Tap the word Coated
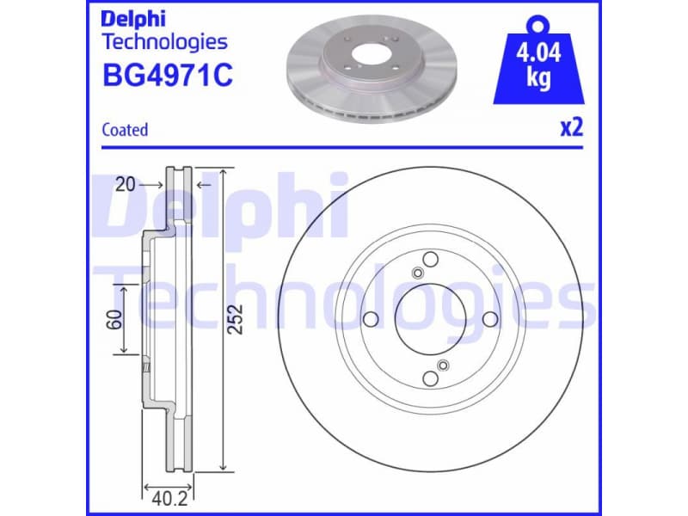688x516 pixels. (x=125, y=130)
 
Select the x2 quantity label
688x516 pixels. (x=572, y=128)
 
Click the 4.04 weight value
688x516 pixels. (x=538, y=53)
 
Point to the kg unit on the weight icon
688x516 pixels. (x=538, y=78)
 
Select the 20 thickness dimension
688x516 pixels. (x=126, y=184)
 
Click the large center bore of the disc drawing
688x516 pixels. (x=430, y=319)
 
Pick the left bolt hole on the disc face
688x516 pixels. (x=372, y=320)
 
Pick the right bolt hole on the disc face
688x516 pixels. (x=489, y=320)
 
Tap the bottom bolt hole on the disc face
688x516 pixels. (x=430, y=378)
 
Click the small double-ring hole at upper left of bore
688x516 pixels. (x=417, y=273)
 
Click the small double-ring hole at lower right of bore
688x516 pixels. (x=443, y=365)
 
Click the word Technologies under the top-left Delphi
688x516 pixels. (x=164, y=41)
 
